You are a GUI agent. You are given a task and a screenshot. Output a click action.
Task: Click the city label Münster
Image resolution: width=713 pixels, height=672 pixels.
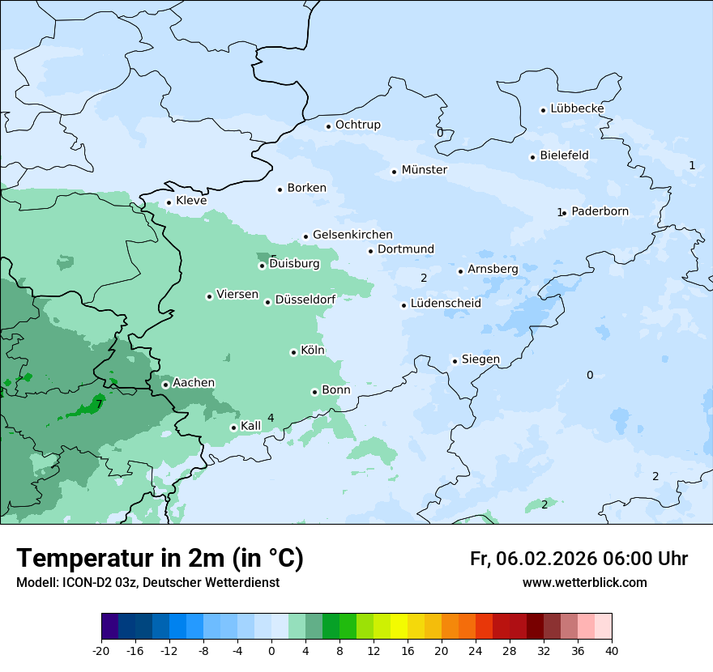[x=424, y=170]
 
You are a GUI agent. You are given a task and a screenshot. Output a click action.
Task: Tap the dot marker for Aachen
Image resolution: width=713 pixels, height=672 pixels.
[x=165, y=385]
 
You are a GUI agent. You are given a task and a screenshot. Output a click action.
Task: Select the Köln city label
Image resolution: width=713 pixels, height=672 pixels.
[x=312, y=351]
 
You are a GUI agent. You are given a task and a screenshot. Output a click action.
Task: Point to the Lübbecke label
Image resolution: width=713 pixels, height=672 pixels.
[x=577, y=108]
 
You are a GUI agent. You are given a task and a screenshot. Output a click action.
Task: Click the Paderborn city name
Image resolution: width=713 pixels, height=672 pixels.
[x=600, y=211]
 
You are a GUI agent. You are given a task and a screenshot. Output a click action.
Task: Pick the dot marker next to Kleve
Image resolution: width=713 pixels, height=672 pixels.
[x=169, y=202]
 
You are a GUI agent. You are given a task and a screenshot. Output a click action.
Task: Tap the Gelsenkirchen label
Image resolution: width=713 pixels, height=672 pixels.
[x=352, y=235]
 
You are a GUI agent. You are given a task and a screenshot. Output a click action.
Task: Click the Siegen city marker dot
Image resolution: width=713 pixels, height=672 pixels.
[x=455, y=361]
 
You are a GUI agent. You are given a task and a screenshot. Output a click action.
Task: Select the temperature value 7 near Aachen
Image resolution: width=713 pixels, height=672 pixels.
[x=99, y=404]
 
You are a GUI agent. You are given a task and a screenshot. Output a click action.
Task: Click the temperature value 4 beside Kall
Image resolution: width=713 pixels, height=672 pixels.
[x=271, y=418]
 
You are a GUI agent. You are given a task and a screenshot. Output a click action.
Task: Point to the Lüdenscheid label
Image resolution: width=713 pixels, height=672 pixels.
[x=446, y=304]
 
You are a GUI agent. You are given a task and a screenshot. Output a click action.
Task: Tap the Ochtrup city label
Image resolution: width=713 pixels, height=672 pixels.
[x=357, y=125]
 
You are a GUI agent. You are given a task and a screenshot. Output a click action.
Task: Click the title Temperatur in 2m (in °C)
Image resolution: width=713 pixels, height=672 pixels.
[x=160, y=559]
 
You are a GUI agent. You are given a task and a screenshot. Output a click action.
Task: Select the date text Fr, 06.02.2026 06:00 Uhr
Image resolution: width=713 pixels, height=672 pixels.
[x=579, y=559]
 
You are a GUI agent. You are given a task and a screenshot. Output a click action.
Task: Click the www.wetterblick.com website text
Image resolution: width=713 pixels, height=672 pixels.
[x=584, y=583]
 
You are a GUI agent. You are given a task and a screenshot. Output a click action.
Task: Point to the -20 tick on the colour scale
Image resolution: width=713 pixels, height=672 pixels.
[x=101, y=650]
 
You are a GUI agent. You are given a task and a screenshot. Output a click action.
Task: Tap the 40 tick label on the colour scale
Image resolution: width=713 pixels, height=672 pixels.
[x=612, y=650]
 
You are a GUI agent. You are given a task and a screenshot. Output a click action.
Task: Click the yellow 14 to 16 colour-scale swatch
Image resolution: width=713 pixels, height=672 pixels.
[x=399, y=627]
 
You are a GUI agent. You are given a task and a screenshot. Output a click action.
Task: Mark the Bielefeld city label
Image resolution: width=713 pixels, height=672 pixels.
[x=564, y=155]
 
